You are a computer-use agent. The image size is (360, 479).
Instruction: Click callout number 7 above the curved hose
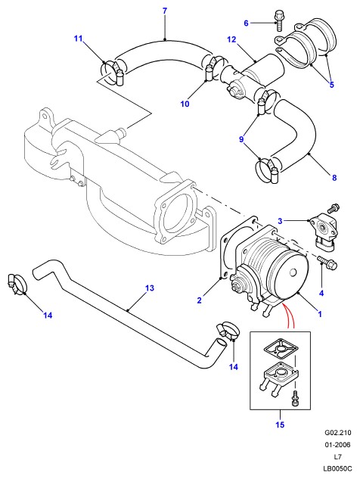(x=165, y=11)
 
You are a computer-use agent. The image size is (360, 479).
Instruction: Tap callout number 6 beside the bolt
(x=246, y=23)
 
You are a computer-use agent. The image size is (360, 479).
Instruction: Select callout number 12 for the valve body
(x=231, y=39)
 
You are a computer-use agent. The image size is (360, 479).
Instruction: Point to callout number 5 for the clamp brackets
(x=332, y=85)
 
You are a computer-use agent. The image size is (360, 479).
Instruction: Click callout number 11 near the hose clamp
(x=79, y=39)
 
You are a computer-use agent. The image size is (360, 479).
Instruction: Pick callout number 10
(x=185, y=104)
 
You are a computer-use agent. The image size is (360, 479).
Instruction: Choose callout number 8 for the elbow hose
(x=334, y=178)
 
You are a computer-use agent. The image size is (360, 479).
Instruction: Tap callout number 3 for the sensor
(x=281, y=221)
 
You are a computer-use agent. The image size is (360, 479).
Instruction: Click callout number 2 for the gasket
(x=200, y=300)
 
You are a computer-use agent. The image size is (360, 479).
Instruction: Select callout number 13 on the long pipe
(x=150, y=288)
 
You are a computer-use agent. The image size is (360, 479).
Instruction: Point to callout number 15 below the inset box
(x=280, y=425)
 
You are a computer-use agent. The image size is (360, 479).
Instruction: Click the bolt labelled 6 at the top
(x=279, y=20)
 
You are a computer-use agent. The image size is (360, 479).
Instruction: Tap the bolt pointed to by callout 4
(x=327, y=262)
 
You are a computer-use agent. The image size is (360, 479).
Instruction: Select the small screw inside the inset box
(x=295, y=398)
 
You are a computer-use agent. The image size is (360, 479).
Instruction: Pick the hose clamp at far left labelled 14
(x=17, y=284)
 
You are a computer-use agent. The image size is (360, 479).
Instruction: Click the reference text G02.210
(x=338, y=433)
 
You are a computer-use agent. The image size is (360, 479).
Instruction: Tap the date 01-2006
(x=338, y=445)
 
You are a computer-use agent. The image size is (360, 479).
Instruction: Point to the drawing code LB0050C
(x=338, y=468)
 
